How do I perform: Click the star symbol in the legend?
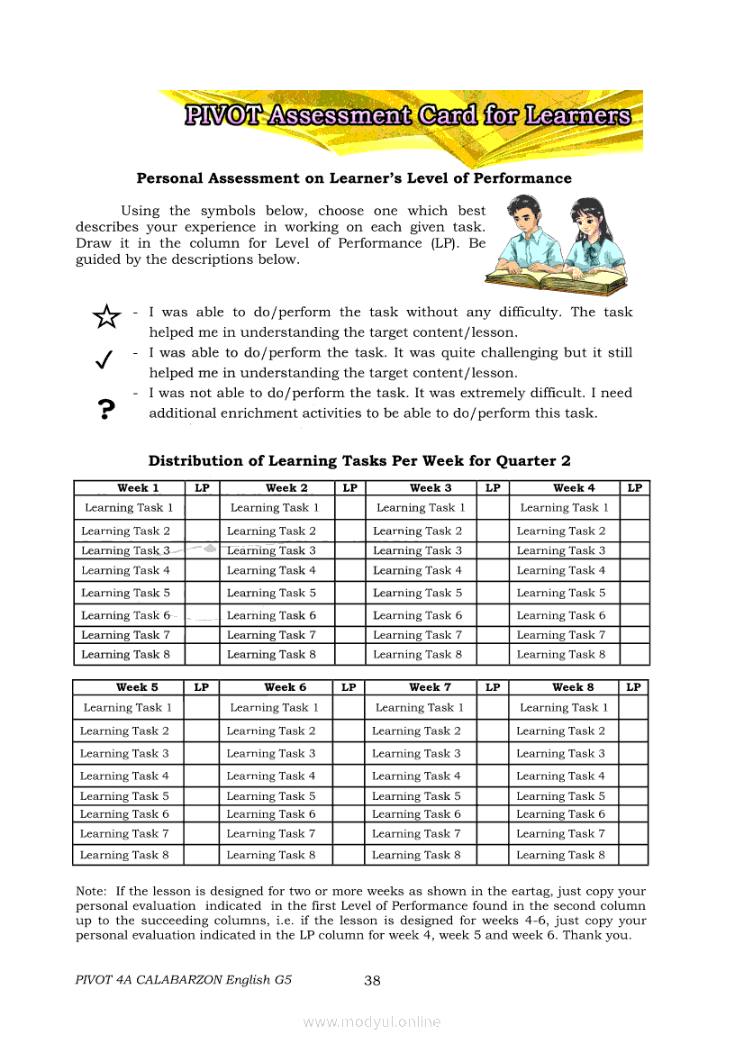106,316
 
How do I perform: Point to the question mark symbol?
106,410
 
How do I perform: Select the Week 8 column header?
573,687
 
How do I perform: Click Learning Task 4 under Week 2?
271,571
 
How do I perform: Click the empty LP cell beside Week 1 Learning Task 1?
202,508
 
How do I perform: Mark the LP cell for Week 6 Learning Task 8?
349,856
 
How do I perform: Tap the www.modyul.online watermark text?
372,1021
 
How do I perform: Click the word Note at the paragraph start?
91,891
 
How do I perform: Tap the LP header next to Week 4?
635,488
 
